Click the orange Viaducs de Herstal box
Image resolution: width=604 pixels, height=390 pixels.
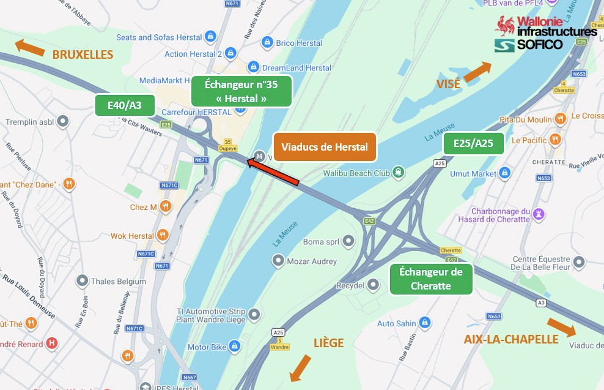[325, 147]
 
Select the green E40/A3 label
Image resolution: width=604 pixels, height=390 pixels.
[124, 105]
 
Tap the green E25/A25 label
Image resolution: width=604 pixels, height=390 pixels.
[473, 143]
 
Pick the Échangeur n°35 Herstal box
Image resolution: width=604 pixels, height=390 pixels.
[241, 91]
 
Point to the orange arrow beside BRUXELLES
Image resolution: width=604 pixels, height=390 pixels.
[29, 48]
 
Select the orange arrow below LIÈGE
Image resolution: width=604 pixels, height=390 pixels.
[300, 367]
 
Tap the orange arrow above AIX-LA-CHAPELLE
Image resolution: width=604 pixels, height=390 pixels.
[561, 327]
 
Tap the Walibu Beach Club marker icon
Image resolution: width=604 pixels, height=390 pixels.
[399, 173]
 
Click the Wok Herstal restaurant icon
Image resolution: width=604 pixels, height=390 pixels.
[163, 235]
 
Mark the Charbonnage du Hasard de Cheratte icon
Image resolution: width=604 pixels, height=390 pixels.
[539, 214]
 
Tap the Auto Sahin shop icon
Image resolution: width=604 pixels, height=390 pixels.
[425, 323]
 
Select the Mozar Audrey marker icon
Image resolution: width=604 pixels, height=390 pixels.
[278, 261]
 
